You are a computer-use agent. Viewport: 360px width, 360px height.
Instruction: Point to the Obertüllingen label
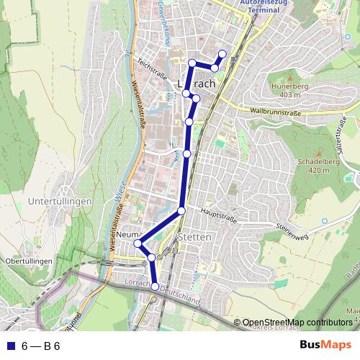pos(28,260)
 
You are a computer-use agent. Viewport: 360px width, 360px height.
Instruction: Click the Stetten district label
pos(194,236)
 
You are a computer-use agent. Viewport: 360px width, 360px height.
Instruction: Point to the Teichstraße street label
pos(153,69)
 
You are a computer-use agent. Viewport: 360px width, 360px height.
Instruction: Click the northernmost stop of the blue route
pos(222,54)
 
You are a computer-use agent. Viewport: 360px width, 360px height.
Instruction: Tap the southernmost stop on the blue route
pos(155,287)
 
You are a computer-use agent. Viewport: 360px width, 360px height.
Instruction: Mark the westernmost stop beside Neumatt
pos(137,243)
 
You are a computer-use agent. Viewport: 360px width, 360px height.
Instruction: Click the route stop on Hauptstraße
pos(181,210)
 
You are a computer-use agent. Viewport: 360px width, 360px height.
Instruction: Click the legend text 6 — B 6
pos(41,346)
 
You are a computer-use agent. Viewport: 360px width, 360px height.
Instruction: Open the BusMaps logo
pos(325,345)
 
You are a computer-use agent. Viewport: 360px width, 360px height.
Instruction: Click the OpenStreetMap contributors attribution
pos(297,322)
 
